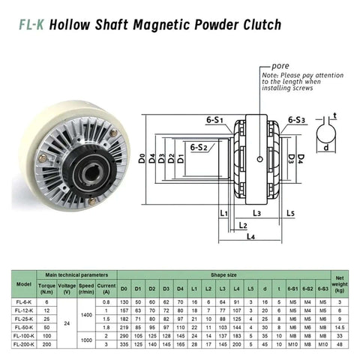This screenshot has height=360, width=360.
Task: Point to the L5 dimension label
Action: point(289,213)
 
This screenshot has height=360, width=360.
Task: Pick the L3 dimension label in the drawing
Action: point(256,213)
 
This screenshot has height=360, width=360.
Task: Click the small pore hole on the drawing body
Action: point(258,157)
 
